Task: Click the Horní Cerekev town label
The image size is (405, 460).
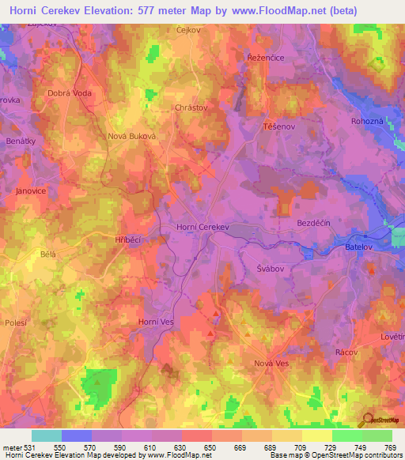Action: click(202, 227)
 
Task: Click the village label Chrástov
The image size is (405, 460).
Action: click(190, 105)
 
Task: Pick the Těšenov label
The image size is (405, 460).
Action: click(278, 126)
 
